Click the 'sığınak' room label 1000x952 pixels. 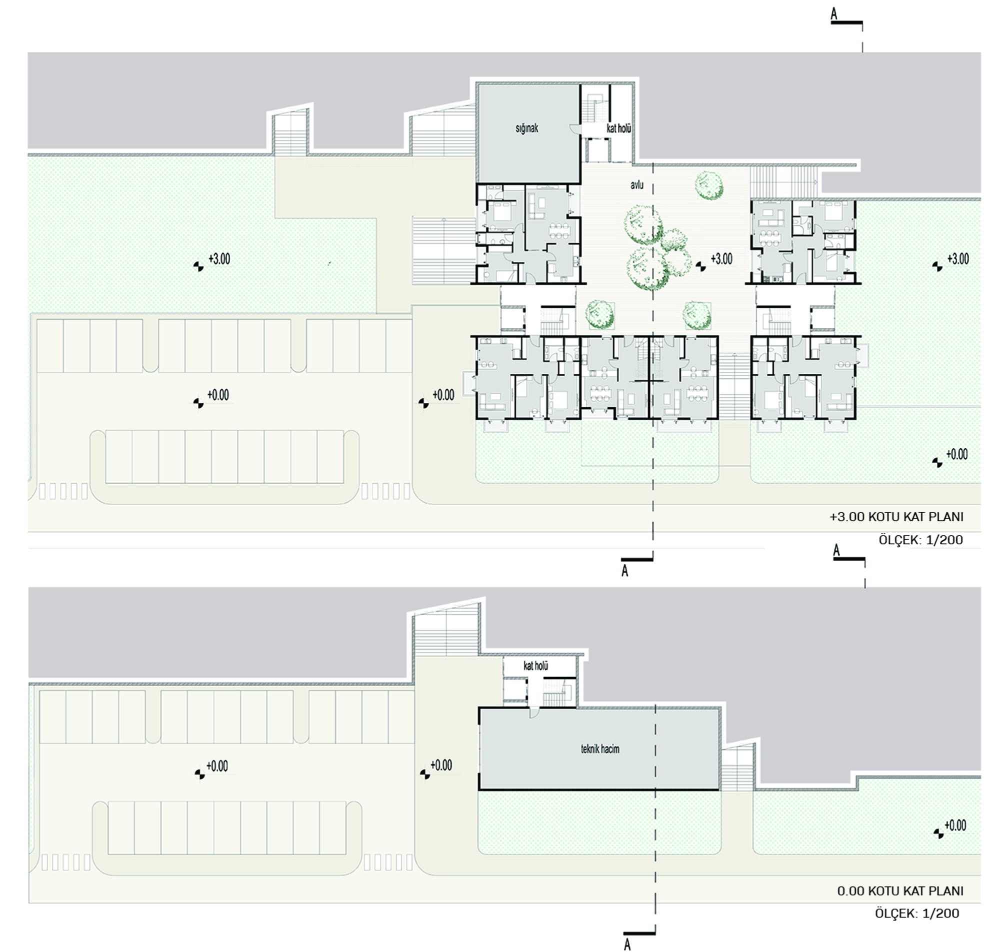point(526,128)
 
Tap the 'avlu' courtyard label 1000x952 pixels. point(637,185)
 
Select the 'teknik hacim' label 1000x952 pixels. point(600,749)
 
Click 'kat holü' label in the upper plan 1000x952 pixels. point(619,129)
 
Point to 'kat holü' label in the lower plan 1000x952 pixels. point(535,666)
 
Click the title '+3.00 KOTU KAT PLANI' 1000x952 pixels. point(896,517)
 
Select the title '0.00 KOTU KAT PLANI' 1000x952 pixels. point(900,891)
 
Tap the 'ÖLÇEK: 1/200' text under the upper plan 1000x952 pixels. point(921,539)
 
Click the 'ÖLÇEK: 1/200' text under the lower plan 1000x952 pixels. point(917,914)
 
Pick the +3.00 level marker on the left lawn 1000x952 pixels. point(212,261)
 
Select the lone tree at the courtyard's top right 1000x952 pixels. point(709,185)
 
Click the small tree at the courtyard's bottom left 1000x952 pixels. point(599,314)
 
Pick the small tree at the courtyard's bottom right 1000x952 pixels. point(696,315)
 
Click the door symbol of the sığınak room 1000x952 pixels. point(574,129)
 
